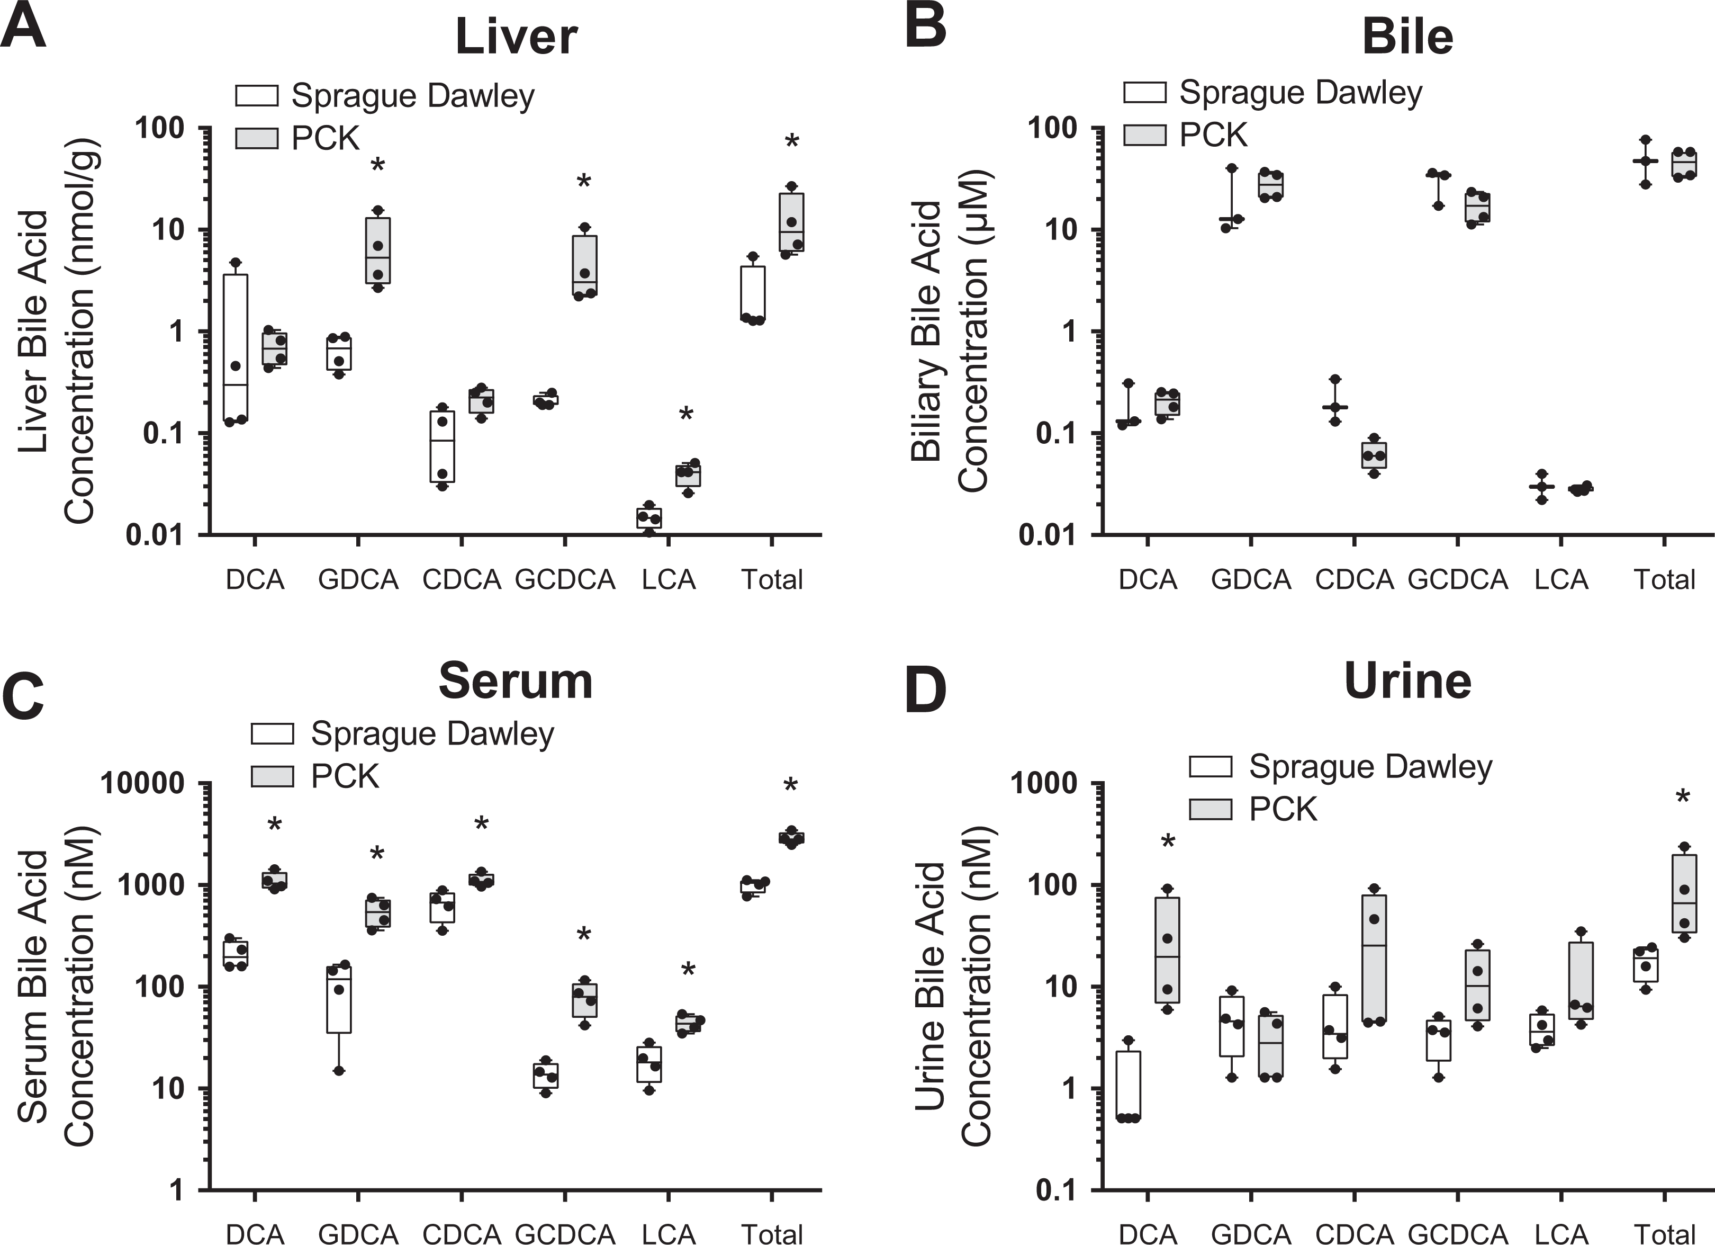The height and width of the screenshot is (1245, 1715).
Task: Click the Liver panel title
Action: (517, 37)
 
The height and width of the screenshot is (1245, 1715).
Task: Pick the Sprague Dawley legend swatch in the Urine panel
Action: (1210, 766)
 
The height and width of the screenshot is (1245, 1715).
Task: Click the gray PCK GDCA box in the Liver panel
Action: (377, 250)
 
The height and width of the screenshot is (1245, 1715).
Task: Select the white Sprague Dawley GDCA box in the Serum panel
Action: (339, 999)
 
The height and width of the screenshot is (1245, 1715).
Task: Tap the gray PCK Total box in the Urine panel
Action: (1684, 893)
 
